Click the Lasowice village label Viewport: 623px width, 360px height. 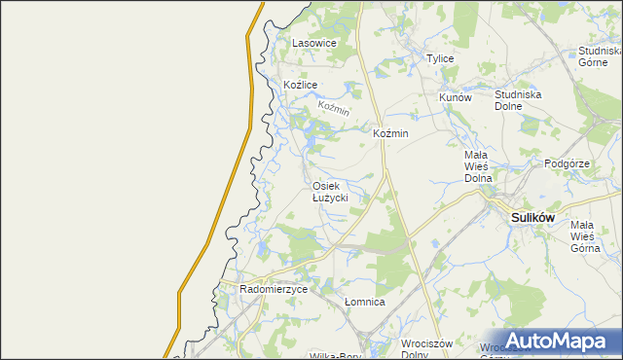point(314,44)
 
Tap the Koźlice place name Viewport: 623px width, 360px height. point(301,86)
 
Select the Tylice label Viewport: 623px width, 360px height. point(440,59)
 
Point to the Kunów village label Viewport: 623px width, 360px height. point(455,98)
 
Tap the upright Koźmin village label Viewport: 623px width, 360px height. point(390,133)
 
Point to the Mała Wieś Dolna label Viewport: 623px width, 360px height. point(476,166)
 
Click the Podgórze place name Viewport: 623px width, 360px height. point(568,164)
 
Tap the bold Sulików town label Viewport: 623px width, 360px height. point(532,218)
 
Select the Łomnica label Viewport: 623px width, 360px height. point(365,303)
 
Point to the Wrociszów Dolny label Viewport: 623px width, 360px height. point(428,349)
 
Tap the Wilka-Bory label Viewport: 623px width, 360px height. point(331,356)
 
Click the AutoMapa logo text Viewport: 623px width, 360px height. point(567,342)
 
